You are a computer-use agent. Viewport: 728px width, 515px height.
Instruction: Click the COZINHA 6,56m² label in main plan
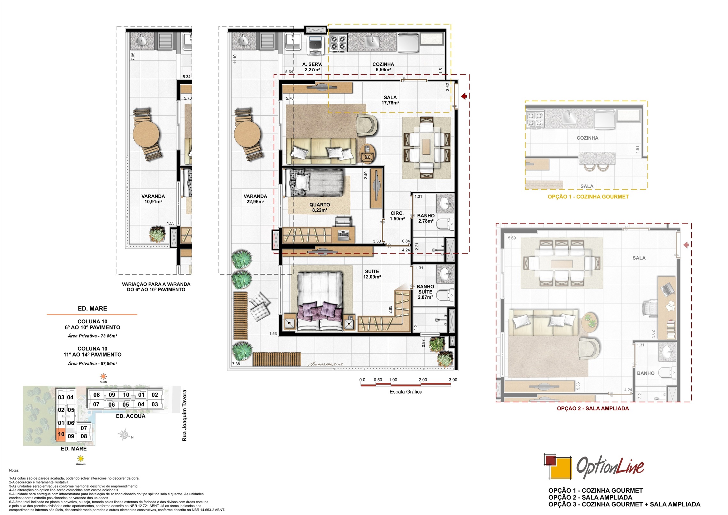tap(383, 67)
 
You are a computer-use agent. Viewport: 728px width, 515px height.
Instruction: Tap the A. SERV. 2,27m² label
tap(312, 67)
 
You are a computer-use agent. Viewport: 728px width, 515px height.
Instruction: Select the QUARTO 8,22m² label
tap(320, 207)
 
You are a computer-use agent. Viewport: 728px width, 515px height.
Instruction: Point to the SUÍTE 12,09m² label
tap(372, 274)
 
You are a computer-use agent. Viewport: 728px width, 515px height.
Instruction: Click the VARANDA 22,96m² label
tap(255, 199)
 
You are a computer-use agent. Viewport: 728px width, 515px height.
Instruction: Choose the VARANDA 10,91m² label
tap(153, 199)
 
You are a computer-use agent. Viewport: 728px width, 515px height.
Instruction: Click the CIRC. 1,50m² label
tap(397, 216)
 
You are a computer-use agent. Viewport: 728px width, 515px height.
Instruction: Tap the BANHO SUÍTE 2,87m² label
tap(425, 292)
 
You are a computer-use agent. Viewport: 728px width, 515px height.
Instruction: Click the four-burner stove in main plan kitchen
tap(338, 43)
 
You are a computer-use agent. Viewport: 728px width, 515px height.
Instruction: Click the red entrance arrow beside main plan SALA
tap(464, 96)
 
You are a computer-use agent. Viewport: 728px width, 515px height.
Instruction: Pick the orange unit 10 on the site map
tap(61, 434)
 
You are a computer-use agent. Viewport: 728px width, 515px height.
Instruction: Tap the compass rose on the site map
tap(124, 435)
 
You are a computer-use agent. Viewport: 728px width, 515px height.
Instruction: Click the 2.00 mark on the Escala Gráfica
tap(423, 380)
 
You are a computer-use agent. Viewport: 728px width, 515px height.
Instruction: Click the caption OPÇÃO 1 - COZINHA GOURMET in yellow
tap(588, 197)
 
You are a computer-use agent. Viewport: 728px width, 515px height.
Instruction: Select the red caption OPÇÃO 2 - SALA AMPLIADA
tap(593, 408)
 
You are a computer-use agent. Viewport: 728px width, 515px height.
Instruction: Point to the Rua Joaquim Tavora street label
tap(184, 415)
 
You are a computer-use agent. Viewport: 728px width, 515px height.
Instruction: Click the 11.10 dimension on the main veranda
tap(235, 59)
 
